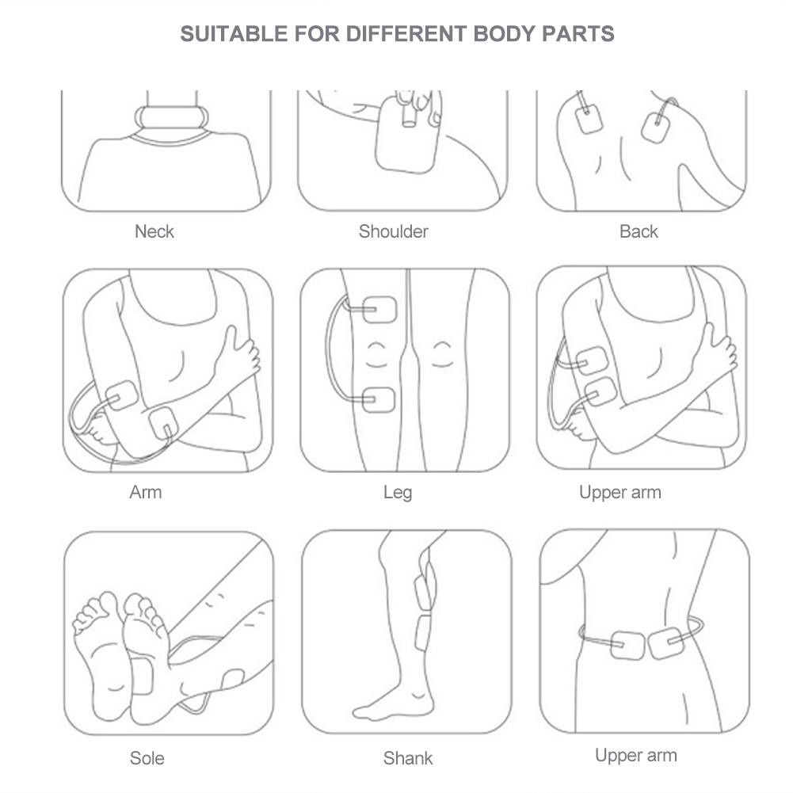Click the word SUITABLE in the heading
[234, 34]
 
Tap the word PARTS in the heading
[578, 34]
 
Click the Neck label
[154, 231]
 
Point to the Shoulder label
[394, 231]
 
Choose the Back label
[639, 231]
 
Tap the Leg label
[398, 493]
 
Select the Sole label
[147, 758]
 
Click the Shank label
[408, 758]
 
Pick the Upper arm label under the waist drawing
[635, 756]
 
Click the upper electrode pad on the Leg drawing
[379, 310]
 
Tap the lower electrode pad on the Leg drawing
[379, 399]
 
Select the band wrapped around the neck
[171, 117]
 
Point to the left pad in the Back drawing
[589, 120]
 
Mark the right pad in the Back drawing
[656, 128]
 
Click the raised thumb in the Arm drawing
[229, 339]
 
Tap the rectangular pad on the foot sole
[142, 677]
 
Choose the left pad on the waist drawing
[627, 646]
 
